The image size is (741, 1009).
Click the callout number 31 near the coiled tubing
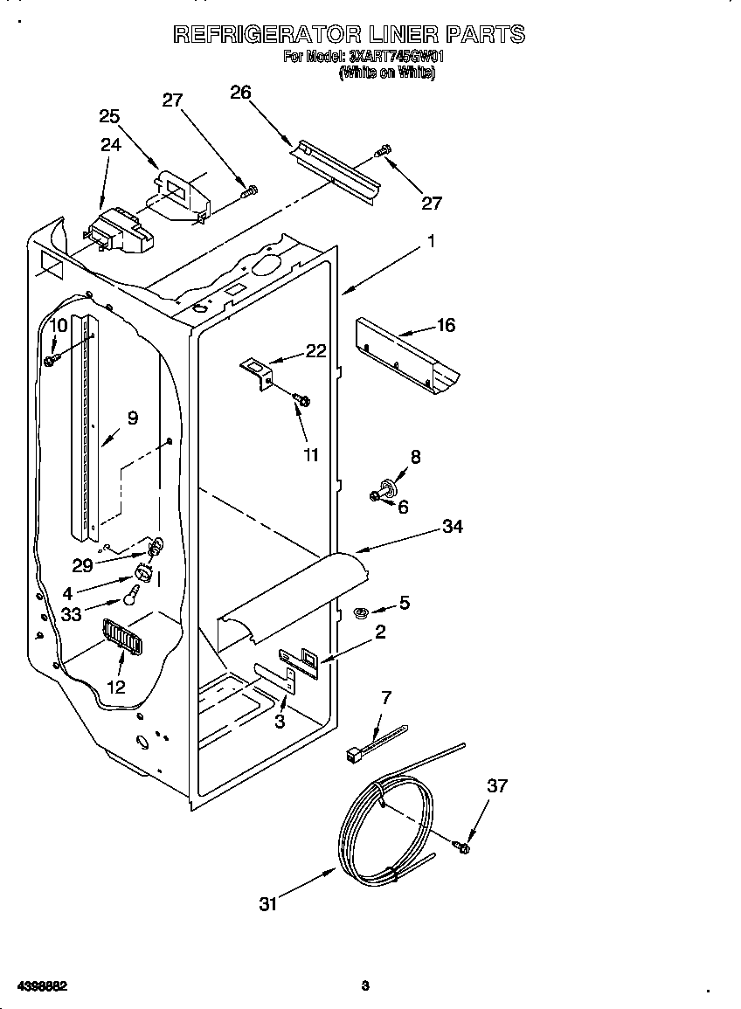[x=267, y=904]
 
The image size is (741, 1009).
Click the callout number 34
[x=452, y=526]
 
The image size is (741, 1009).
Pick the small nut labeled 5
[x=358, y=612]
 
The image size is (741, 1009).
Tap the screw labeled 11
[x=303, y=400]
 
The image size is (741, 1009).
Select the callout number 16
[x=446, y=325]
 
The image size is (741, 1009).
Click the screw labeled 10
[x=51, y=359]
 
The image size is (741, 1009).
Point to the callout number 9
[x=132, y=418]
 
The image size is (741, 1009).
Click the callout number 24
[x=110, y=145]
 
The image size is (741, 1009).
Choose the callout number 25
[x=109, y=116]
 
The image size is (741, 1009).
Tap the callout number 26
[x=240, y=93]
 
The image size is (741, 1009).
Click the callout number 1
[x=431, y=242]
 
